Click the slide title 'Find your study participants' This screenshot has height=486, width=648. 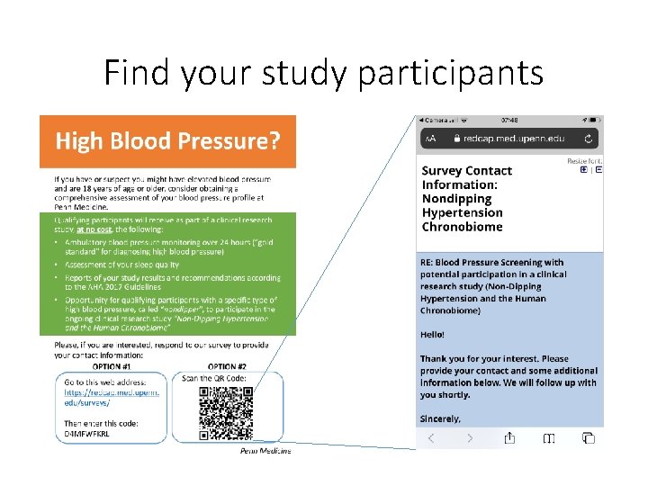323,72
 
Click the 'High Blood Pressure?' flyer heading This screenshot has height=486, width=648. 167,141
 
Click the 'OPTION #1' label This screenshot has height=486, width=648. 112,366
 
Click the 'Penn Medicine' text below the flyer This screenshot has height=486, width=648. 265,451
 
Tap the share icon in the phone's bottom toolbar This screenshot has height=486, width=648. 508,438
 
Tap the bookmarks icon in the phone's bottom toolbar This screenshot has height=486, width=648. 548,438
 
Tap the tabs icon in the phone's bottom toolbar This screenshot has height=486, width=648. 588,438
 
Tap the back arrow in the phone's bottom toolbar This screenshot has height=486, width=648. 430,438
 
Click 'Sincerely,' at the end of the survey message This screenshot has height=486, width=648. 441,418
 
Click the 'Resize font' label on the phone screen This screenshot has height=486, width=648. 584,161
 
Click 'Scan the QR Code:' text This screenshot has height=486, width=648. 216,378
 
